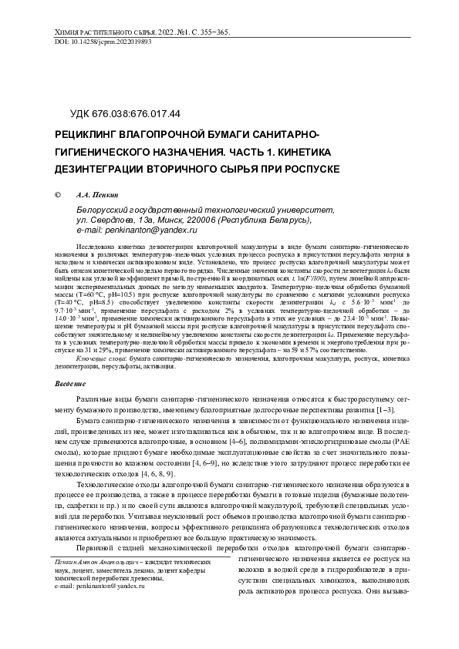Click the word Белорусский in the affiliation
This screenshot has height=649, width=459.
tap(104, 209)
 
